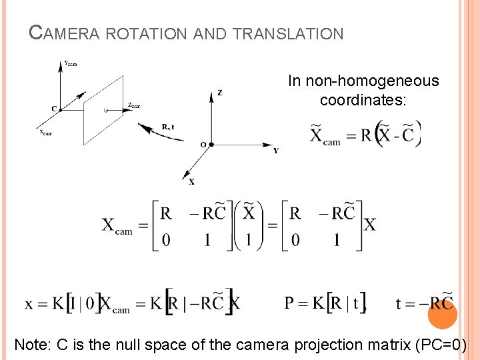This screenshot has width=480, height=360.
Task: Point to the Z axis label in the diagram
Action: [x=220, y=93]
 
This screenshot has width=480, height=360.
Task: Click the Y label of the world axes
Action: [x=276, y=151]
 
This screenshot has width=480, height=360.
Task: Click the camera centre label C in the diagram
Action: [x=53, y=109]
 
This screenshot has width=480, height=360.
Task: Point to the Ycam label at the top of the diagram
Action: [x=71, y=63]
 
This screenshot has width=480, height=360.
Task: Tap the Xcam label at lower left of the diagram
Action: [x=45, y=133]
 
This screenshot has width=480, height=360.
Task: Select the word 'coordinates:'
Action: [x=363, y=101]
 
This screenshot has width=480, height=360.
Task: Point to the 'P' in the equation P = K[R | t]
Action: [x=290, y=303]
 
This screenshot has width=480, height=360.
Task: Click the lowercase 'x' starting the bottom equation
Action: [x=29, y=304]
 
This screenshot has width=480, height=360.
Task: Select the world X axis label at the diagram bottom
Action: [x=192, y=181]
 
